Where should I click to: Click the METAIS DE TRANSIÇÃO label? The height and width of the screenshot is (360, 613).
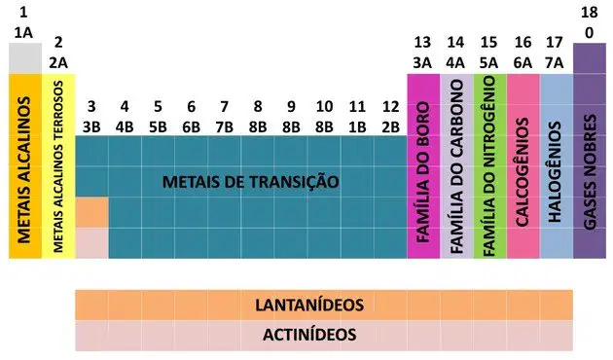point(251,182)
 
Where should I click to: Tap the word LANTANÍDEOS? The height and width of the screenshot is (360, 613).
point(309,305)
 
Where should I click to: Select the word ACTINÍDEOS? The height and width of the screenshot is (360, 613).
point(309,335)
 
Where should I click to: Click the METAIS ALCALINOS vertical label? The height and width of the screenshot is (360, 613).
point(24,170)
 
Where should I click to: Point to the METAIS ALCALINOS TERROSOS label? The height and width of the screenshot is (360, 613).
point(57,166)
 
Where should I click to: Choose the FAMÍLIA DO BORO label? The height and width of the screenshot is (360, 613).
point(422,172)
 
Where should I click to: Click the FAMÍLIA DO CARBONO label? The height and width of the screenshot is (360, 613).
point(455,167)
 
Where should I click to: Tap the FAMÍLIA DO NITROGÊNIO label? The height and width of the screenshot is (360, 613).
point(489,166)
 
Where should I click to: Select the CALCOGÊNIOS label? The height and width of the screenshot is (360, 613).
point(523,172)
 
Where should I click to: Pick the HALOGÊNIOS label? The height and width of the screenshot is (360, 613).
point(556,172)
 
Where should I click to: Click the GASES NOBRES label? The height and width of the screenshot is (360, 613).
point(590,172)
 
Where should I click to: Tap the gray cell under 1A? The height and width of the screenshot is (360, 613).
point(25,58)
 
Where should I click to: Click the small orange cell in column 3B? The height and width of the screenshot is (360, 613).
point(91,212)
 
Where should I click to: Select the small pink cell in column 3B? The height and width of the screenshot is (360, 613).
point(91,243)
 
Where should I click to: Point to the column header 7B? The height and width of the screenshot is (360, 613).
point(225,127)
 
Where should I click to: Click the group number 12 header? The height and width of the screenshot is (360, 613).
point(390,106)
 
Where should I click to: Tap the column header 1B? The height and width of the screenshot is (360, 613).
point(357,127)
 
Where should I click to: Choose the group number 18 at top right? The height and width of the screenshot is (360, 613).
point(589,13)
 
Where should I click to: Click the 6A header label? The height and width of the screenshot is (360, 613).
point(523,62)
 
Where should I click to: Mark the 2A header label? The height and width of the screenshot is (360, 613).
point(58,62)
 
